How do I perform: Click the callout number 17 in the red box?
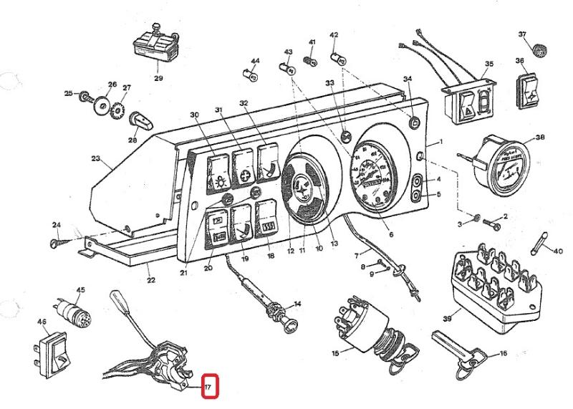click(x=208, y=388)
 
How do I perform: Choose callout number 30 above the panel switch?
click(x=193, y=115)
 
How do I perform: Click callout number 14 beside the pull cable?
click(x=297, y=304)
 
